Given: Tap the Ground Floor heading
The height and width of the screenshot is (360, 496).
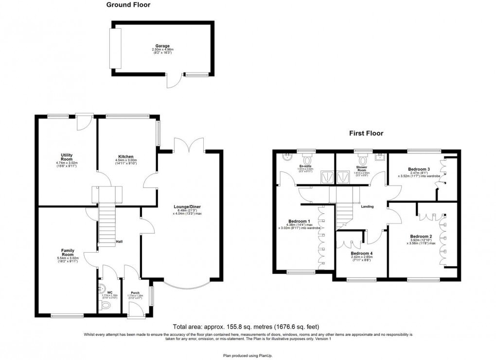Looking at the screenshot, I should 128,5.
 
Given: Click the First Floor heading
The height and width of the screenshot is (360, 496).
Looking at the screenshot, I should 366,133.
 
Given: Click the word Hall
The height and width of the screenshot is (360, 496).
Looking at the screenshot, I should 119,241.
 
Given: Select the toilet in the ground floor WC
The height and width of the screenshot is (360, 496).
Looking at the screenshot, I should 104,306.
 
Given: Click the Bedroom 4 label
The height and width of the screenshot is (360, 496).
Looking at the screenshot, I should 362,254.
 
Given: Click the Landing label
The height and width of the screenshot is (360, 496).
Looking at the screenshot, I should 367,206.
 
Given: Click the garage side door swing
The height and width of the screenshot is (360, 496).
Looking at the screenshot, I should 174,82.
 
